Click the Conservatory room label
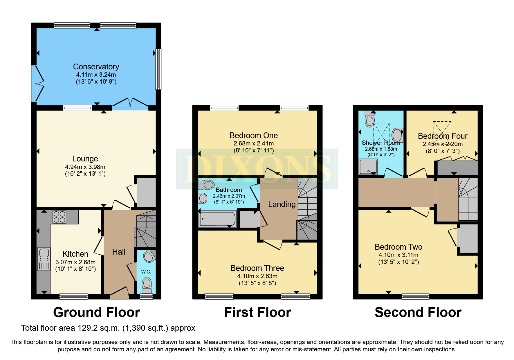(96, 67)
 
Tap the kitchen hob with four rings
(59, 217)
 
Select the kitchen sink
(44, 258)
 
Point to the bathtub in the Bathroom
(217, 219)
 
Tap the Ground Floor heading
(96, 313)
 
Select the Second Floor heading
(418, 313)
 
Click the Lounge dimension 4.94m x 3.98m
(85, 167)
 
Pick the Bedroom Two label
(398, 247)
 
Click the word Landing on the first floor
(282, 204)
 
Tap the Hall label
(119, 252)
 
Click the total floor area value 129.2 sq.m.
(98, 328)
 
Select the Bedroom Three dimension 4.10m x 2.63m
(257, 276)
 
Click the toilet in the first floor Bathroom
(206, 185)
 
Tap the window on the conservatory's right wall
(158, 69)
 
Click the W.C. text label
(146, 272)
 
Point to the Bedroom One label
(253, 136)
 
